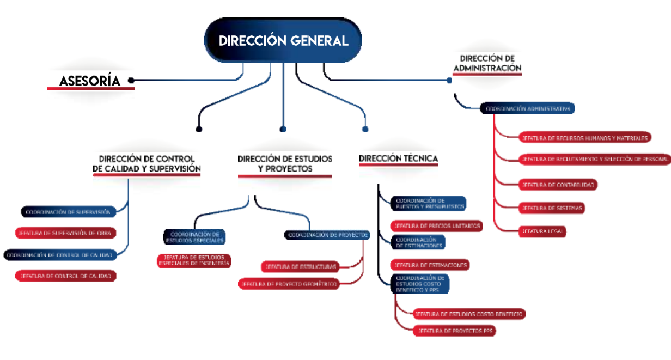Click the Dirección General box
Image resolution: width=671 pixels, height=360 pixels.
coord(283,41)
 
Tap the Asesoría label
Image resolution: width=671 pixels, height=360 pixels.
coord(90,81)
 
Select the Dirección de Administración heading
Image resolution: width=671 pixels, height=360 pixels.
coord(487,64)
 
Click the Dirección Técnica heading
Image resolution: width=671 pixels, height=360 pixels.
coord(399,158)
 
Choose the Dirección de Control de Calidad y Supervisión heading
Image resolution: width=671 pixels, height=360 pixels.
coord(147,163)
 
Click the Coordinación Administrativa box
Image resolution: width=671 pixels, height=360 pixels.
coord(527,108)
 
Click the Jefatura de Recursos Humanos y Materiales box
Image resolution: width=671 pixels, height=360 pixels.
coord(584,138)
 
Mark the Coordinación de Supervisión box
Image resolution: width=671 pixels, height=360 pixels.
coord(68,211)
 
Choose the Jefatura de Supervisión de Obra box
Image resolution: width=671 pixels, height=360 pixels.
coord(65,233)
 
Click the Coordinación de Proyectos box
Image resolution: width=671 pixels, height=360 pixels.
coord(327,235)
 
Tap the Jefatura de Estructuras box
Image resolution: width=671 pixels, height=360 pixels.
coord(300,267)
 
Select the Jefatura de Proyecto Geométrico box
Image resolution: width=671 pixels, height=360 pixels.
coord(289,284)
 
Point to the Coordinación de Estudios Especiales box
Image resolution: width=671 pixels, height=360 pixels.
coord(194,237)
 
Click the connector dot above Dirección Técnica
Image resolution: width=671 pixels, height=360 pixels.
coord(365,129)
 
